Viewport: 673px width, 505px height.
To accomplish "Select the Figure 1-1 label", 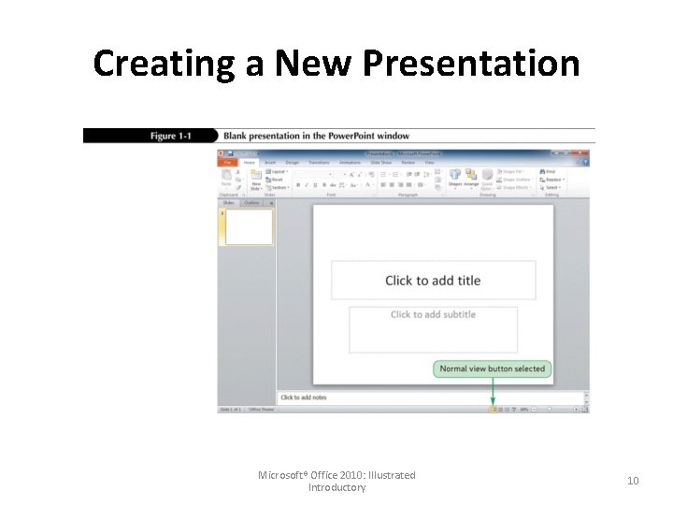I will tap(170, 137).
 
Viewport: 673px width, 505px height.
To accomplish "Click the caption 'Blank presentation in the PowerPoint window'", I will tap(316, 137).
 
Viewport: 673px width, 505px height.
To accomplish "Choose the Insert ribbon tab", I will tap(269, 163).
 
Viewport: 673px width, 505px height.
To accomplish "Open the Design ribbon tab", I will tap(293, 163).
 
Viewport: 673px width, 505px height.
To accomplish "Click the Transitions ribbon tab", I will tap(319, 163).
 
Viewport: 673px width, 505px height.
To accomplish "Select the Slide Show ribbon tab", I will tap(381, 163).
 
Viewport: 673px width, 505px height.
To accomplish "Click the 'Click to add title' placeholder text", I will tap(433, 281).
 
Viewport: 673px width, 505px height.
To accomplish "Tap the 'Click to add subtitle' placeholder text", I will tap(433, 314).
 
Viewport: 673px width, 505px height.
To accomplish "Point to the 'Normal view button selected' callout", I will tap(492, 368).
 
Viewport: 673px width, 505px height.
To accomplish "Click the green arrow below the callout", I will tap(493, 392).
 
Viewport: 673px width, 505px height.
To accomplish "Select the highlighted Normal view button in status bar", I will tap(493, 409).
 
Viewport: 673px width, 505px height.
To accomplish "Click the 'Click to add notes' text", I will tap(304, 397).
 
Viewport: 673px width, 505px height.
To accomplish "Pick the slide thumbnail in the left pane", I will tap(249, 227).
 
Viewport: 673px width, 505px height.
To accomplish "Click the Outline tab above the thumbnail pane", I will tap(252, 202).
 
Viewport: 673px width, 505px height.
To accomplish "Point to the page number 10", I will tap(633, 481).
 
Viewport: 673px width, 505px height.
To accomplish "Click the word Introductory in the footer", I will tap(336, 487).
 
